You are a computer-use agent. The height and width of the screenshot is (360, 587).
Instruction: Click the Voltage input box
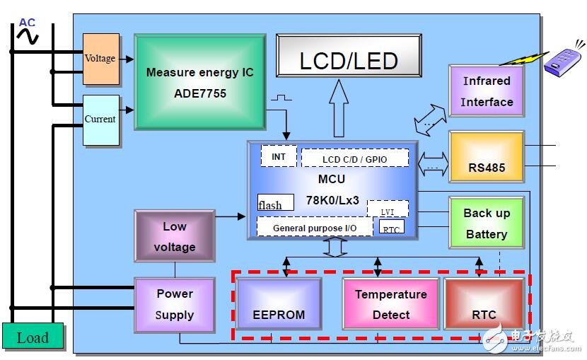pos(100,59)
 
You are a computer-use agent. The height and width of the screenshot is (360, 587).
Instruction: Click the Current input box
pos(100,120)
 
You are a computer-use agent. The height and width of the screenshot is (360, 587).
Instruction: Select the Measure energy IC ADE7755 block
pos(199,82)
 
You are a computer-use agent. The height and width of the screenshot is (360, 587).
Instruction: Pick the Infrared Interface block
pos(487,91)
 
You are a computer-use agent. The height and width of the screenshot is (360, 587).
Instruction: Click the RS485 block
pos(487,157)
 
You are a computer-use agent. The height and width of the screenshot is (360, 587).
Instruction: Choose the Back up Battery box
pos(487,223)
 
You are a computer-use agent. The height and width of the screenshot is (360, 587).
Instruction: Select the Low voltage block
pos(174,236)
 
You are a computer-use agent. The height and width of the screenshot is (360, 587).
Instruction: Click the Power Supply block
pos(174,304)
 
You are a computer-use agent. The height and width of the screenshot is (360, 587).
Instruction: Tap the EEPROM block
pos(279,303)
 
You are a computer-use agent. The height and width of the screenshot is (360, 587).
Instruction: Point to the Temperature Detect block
pos(390,304)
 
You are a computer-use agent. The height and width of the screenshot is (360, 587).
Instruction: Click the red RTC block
pos(484,304)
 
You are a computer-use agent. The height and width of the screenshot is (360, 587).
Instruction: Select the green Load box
pos(33,337)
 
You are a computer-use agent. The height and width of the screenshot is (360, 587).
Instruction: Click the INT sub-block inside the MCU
pos(279,156)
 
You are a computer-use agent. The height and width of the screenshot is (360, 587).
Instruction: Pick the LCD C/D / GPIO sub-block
pos(354,158)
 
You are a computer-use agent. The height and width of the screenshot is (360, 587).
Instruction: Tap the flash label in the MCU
pos(269,205)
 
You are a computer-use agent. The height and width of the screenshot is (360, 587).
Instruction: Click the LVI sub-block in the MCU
pos(388,209)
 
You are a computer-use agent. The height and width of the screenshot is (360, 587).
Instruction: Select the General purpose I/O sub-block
pos(314,228)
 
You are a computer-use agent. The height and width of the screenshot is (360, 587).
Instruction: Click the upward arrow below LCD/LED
pos(338,108)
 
